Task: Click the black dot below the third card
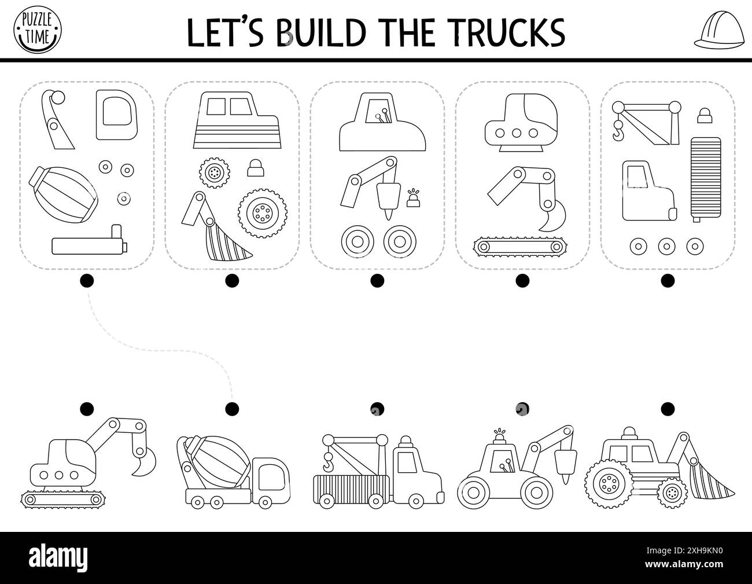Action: (x=377, y=281)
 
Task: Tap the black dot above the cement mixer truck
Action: (x=232, y=409)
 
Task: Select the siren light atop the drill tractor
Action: (x=499, y=436)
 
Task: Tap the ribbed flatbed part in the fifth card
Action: (x=705, y=179)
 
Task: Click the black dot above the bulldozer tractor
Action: (x=668, y=409)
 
